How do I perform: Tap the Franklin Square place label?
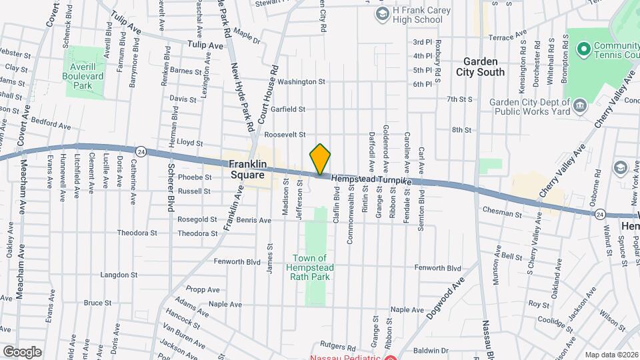click(247, 169)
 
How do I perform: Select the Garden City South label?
click(481, 67)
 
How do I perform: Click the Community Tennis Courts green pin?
click(584, 49)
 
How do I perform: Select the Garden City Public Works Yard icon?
click(579, 105)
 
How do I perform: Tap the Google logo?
click(22, 351)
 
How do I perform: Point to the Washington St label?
click(301, 83)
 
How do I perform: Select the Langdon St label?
click(119, 275)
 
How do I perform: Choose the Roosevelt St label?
click(285, 135)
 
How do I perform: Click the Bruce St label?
click(97, 303)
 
